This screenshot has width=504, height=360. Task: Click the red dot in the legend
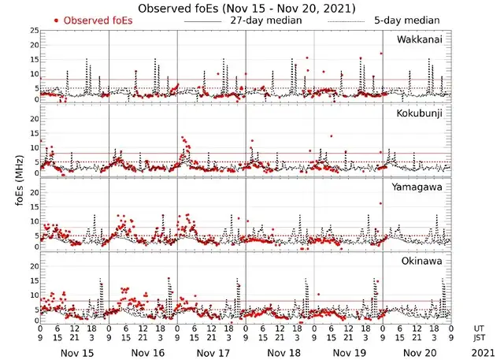click(x=55, y=20)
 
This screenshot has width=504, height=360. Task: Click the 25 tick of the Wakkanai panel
click(x=33, y=31)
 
